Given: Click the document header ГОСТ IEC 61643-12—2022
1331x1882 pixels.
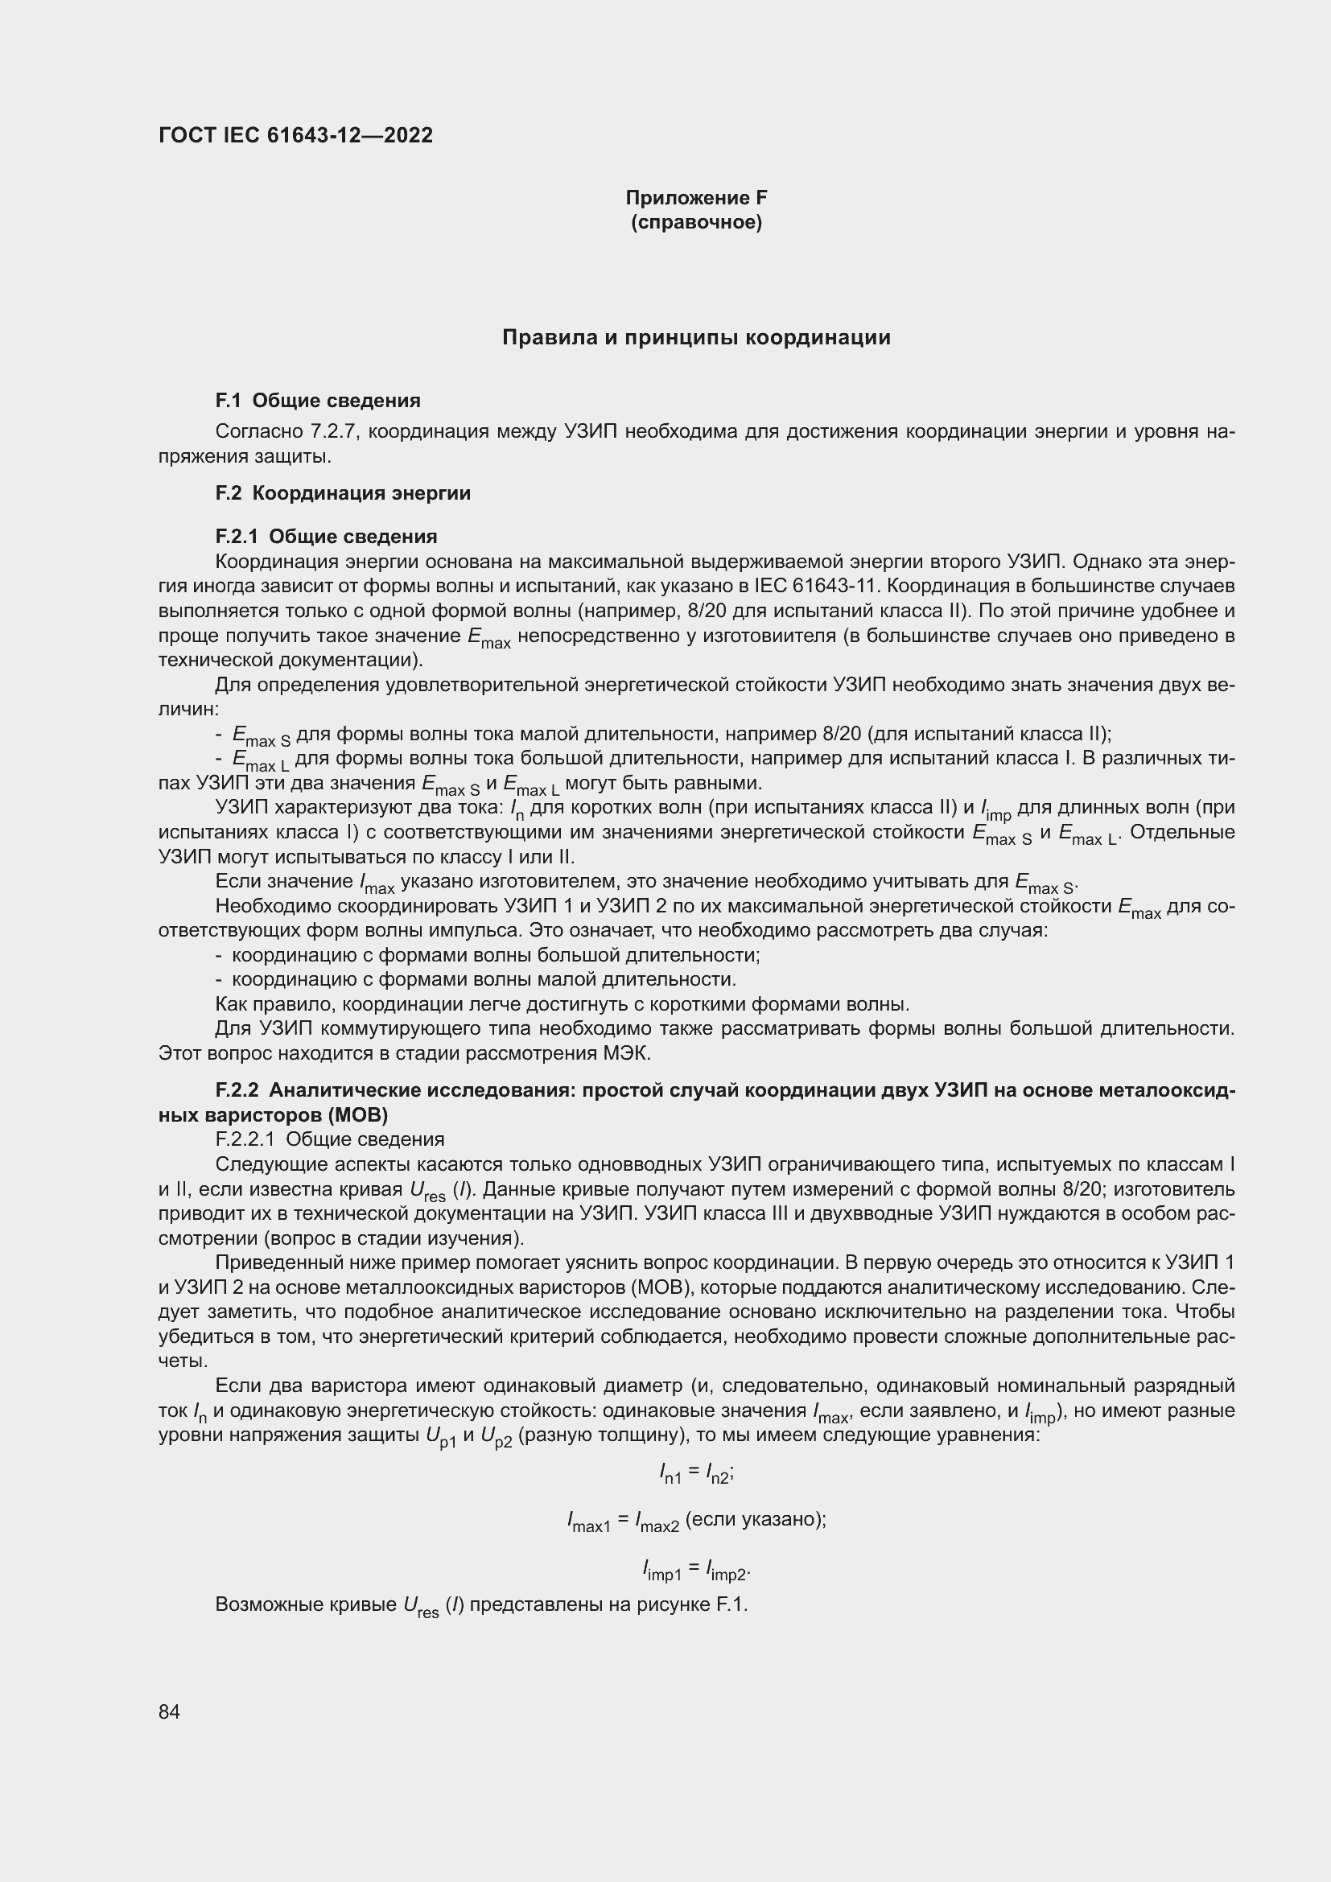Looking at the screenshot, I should tap(295, 135).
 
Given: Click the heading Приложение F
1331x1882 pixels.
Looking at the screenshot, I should tap(696, 198).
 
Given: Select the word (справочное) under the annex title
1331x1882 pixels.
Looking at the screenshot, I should tap(696, 223).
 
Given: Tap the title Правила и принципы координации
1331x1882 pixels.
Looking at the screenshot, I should tap(696, 338).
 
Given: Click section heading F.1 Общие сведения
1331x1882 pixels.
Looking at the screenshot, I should tap(318, 401).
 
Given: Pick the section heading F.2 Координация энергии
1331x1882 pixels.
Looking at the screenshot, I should tap(343, 493).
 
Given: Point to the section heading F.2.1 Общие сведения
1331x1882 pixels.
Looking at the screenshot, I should tap(326, 537).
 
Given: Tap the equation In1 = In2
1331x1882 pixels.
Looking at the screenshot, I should tap(696, 1474).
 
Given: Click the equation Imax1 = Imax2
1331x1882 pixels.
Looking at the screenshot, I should tap(696, 1521).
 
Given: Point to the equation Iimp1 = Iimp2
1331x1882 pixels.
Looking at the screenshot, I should tap(696, 1571).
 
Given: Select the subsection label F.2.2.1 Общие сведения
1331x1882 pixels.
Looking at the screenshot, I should tap(329, 1139).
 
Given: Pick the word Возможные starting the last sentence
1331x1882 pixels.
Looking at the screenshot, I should tap(264, 1604).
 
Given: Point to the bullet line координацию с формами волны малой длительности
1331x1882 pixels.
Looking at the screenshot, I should tap(484, 980).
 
